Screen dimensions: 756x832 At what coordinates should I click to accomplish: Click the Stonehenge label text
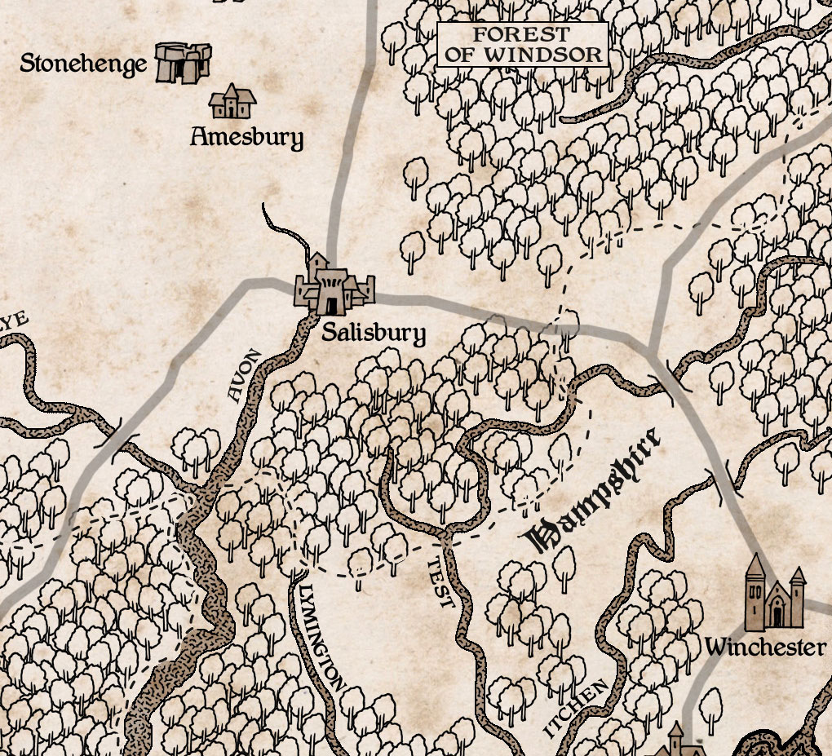(83, 64)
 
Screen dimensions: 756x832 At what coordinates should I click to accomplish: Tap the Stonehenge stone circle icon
(184, 63)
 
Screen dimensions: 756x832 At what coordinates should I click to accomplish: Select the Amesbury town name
(246, 136)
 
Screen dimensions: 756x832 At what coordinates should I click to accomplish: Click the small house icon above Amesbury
(232, 102)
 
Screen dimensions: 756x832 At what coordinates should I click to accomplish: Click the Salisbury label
(373, 333)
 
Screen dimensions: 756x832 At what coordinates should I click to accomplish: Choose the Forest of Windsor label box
(523, 45)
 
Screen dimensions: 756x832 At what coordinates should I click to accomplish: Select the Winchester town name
(765, 648)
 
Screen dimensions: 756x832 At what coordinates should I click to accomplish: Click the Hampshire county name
(593, 491)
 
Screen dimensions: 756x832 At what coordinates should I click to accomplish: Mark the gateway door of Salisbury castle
(331, 305)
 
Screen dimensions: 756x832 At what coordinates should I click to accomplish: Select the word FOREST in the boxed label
(522, 35)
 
